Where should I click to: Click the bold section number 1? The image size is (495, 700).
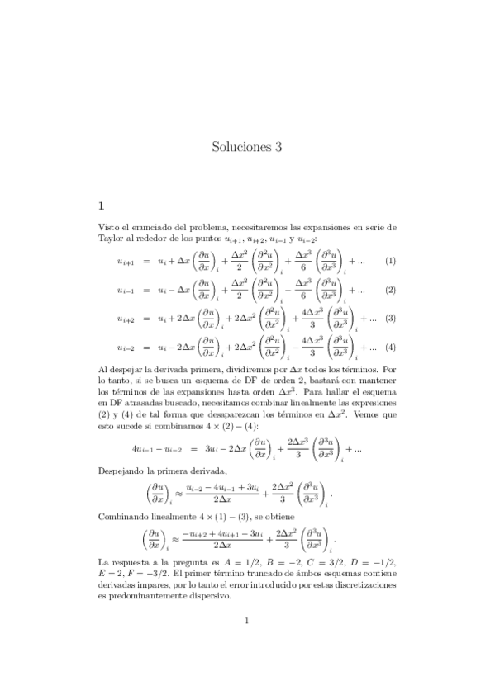point(101,205)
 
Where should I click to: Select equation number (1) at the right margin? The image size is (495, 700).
point(390,262)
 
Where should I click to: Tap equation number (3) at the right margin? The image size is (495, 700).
point(390,318)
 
